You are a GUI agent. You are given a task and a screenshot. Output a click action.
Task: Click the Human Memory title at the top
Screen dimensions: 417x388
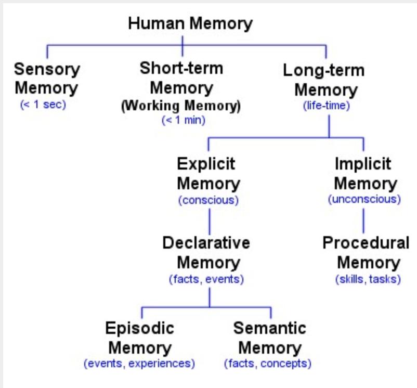[x=190, y=24]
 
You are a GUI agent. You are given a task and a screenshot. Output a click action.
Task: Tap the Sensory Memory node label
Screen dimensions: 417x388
[x=47, y=79]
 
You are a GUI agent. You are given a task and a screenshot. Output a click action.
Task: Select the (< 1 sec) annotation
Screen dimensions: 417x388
[x=43, y=105]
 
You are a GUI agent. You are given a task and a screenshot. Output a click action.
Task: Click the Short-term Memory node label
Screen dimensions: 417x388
[x=181, y=78]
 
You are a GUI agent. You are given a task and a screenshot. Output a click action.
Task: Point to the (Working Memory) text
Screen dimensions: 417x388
[x=181, y=106]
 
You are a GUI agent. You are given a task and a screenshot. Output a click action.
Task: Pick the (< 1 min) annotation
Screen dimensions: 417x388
[x=184, y=120]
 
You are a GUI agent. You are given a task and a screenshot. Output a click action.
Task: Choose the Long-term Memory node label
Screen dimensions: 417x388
[x=324, y=80]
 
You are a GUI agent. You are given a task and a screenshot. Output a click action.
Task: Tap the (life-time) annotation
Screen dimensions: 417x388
[x=327, y=106]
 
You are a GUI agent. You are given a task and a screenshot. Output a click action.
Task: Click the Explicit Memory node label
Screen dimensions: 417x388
[x=208, y=174]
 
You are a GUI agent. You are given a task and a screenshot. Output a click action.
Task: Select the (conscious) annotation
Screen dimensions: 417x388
[x=208, y=200]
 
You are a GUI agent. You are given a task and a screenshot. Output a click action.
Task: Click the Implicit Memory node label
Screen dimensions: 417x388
[x=365, y=174]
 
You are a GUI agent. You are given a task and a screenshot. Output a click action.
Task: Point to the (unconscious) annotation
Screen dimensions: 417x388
[x=364, y=199]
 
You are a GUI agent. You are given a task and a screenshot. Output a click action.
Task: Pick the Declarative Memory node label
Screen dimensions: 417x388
[x=206, y=253]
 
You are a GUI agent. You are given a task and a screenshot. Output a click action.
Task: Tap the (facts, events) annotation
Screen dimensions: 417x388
[x=206, y=279]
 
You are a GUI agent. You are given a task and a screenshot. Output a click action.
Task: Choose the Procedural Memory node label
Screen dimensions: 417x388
[x=366, y=253]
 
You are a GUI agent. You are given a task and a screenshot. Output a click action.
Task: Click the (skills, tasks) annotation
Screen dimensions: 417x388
[x=368, y=279]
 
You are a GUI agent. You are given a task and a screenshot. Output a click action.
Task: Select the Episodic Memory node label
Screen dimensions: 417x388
[x=140, y=338]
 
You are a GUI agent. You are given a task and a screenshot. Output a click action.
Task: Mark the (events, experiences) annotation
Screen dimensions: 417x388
[x=139, y=364]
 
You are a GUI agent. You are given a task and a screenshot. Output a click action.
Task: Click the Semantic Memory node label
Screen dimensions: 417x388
[x=270, y=338]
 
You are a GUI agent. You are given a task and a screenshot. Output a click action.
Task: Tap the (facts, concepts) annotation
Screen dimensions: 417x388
[x=268, y=364]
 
